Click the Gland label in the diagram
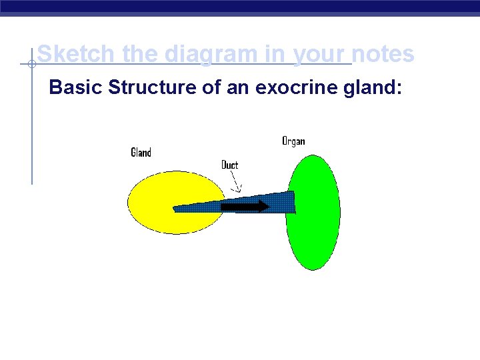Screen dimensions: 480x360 click(x=141, y=153)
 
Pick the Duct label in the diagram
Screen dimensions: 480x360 click(x=229, y=165)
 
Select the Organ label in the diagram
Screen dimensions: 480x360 click(x=293, y=141)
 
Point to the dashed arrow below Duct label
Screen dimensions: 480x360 click(x=234, y=181)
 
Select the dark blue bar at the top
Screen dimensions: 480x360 click(x=240, y=7)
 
